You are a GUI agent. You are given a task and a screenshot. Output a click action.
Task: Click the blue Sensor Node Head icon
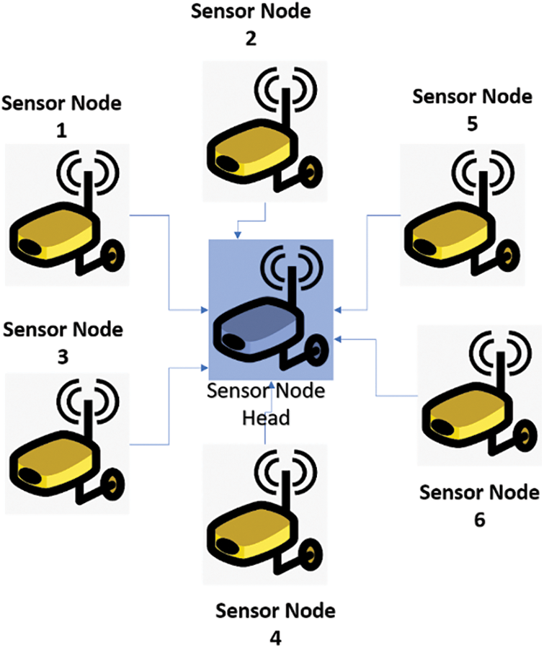[270, 310]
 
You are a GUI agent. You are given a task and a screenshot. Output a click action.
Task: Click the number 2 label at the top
[250, 40]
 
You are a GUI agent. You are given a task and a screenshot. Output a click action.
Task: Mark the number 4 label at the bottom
[276, 639]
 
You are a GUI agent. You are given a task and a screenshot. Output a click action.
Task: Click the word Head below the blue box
[267, 418]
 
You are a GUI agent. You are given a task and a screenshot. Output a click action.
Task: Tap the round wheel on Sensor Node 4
[311, 555]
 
